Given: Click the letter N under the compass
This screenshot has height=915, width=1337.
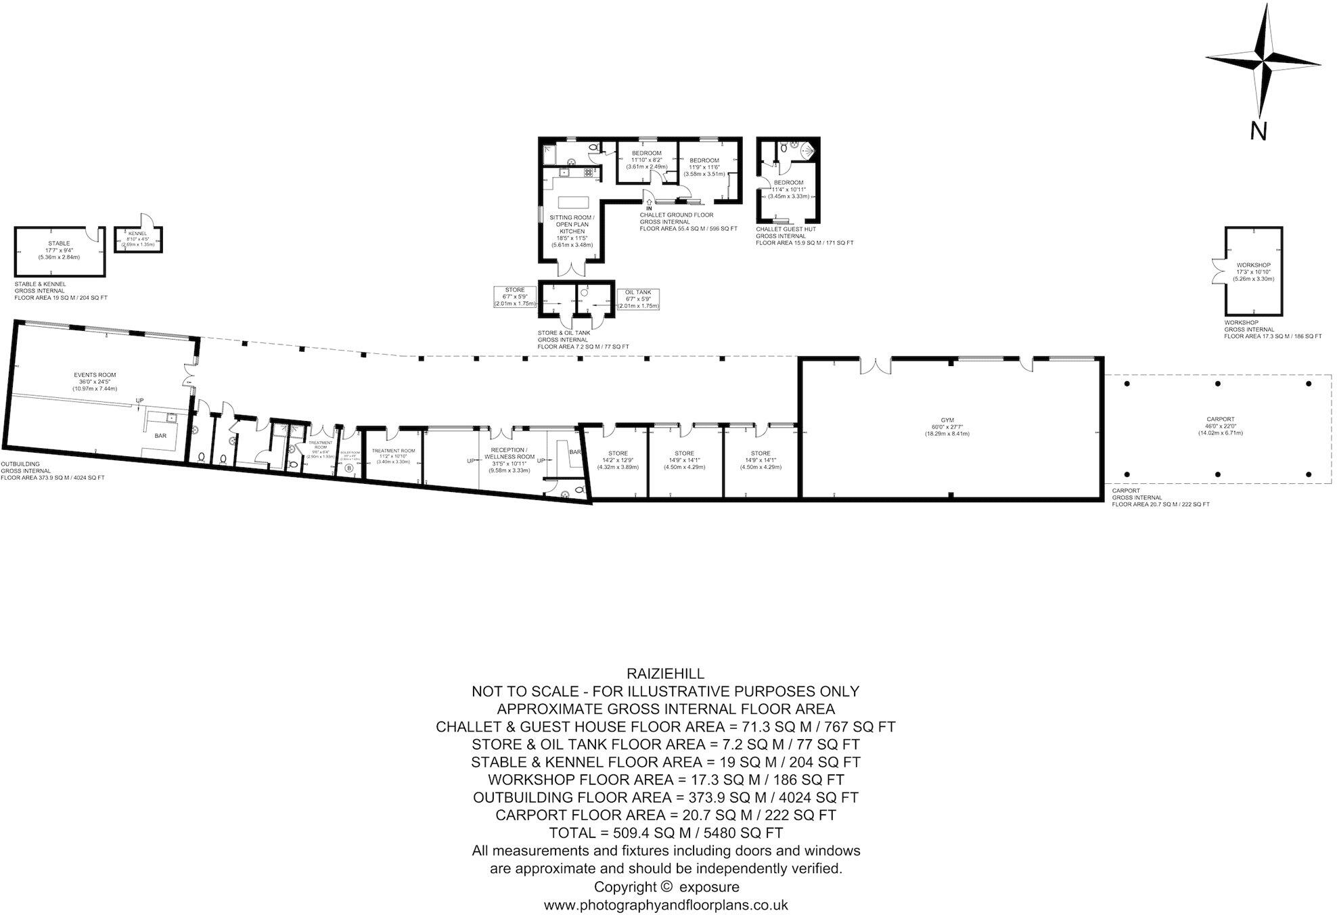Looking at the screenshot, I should (x=1258, y=131).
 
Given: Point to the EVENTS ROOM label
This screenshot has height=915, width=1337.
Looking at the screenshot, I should (x=95, y=374).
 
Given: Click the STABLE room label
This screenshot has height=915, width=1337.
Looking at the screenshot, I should (x=59, y=243).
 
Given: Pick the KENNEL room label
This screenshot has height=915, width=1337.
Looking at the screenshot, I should (x=137, y=233).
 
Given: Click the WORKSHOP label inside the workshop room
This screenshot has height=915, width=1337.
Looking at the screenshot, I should (x=1253, y=265).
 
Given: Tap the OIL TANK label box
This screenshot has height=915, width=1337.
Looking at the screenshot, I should (x=638, y=292).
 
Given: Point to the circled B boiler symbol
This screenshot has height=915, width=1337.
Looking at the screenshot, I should (x=349, y=468).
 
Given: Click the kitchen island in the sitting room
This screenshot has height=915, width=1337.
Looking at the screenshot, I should (x=573, y=202).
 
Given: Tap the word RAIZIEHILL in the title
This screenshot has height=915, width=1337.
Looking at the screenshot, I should (x=666, y=673).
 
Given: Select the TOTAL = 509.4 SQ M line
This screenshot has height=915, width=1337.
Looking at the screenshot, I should (x=666, y=832).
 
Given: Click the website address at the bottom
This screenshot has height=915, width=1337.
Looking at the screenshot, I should (x=666, y=904).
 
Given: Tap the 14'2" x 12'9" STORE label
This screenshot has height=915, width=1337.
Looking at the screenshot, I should (x=618, y=453).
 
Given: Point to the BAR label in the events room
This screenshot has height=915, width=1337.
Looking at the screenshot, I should (x=160, y=436).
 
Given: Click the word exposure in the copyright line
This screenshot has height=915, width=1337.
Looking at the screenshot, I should (x=709, y=887).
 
